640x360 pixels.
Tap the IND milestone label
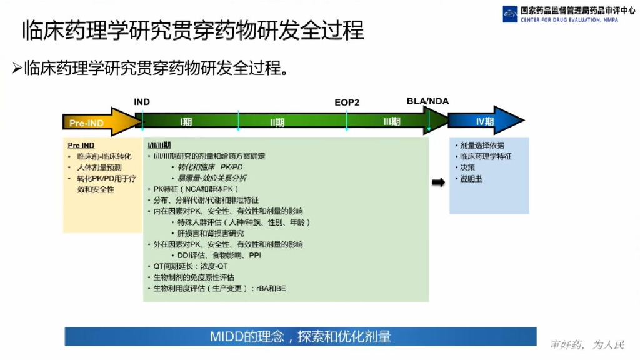point(142,102)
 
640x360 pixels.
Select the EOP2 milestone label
point(347,102)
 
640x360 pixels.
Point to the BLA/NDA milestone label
point(427,101)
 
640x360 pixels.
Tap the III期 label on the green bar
point(391,122)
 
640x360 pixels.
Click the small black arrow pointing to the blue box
point(439,182)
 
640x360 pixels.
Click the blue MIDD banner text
point(301,337)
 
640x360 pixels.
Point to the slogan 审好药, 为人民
point(587,345)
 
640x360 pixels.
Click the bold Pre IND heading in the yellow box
point(81,146)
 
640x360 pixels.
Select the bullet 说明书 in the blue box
point(471,179)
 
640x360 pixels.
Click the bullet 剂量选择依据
point(482,146)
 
